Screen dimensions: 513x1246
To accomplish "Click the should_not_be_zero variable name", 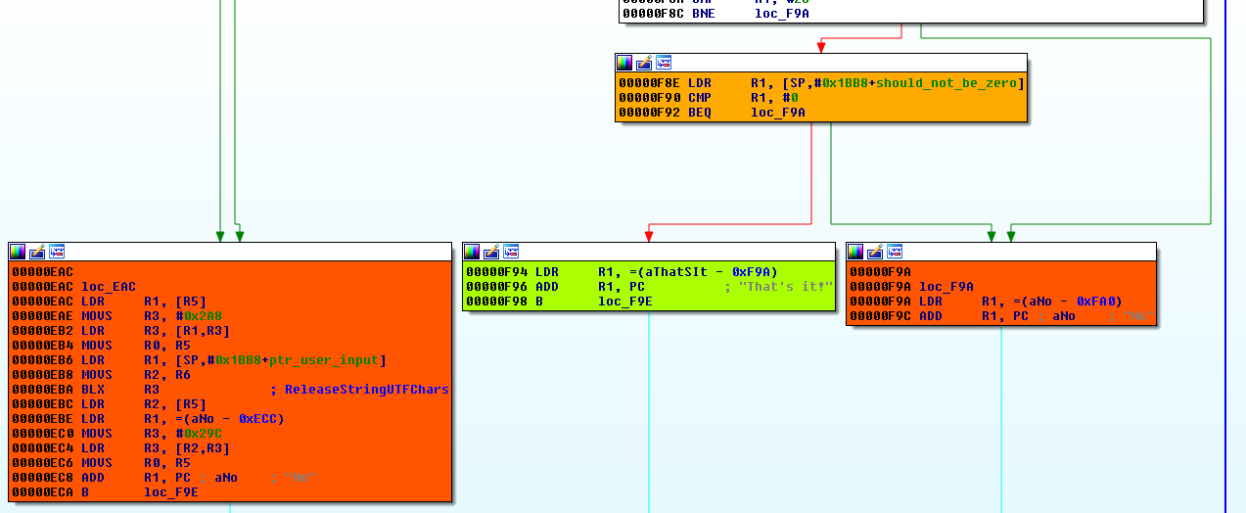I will point(946,83).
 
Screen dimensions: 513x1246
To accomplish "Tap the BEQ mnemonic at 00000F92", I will point(700,113).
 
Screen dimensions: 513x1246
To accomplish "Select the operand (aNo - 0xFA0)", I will point(1052,302).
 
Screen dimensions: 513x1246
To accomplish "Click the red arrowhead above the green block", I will point(648,235).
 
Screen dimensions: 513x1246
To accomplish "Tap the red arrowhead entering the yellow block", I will point(820,46).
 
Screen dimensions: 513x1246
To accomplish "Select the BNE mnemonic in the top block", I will point(700,15).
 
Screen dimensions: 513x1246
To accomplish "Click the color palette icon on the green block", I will point(473,252).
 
